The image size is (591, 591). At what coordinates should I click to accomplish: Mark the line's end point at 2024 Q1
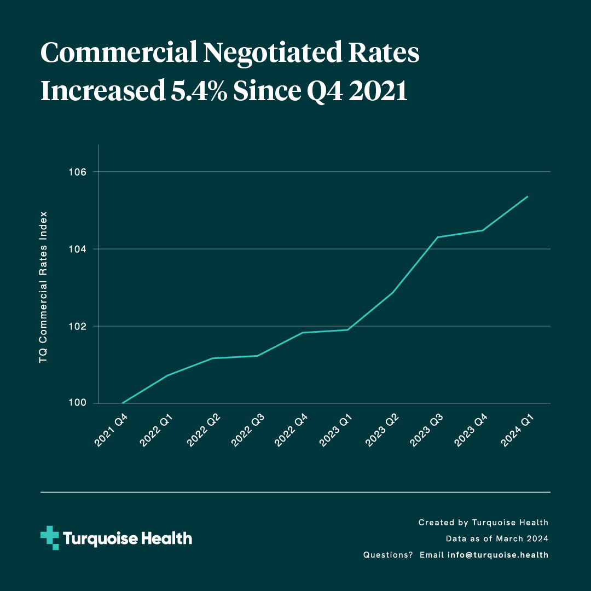(x=528, y=196)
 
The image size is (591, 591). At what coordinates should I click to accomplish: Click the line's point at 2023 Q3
(x=438, y=237)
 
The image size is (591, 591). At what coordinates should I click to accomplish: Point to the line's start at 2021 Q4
(x=123, y=403)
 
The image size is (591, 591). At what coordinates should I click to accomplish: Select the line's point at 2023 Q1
(x=348, y=329)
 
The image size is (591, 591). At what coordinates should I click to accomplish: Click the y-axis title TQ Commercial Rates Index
(x=43, y=287)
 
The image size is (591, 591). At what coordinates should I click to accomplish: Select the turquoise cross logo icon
(x=50, y=538)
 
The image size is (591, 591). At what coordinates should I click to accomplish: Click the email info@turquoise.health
(x=497, y=555)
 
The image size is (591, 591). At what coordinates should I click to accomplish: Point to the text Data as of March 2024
(x=497, y=538)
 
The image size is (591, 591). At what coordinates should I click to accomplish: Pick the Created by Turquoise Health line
(x=483, y=523)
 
